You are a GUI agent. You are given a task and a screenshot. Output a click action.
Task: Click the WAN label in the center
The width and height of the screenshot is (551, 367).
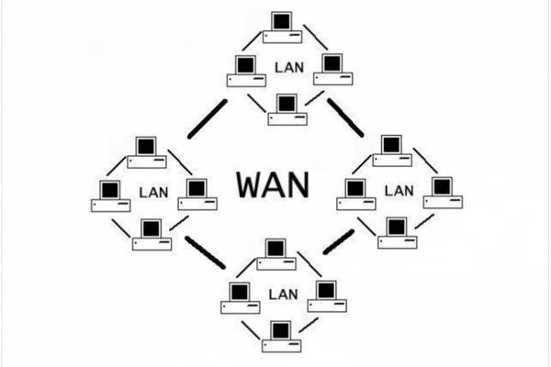[x=273, y=184]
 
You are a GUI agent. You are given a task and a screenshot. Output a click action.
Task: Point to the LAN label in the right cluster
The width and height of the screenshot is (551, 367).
[x=399, y=190]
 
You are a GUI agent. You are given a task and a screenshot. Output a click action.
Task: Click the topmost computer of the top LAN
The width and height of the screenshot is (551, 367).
[x=281, y=28]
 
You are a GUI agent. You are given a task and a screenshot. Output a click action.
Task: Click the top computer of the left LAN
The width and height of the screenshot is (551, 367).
[x=146, y=152]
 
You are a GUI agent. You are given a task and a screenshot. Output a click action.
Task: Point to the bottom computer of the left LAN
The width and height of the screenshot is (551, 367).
[x=152, y=234]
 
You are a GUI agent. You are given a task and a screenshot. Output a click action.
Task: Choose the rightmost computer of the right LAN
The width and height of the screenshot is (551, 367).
[x=443, y=192]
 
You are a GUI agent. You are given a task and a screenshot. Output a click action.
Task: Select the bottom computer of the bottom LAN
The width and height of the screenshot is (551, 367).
[x=280, y=336]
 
